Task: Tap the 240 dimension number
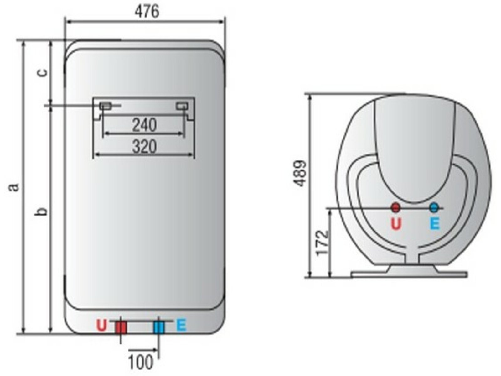click(144, 125)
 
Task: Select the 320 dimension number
click(144, 146)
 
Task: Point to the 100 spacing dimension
click(140, 362)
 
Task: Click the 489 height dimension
click(299, 174)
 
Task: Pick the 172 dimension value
click(323, 243)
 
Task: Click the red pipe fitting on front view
click(121, 328)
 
